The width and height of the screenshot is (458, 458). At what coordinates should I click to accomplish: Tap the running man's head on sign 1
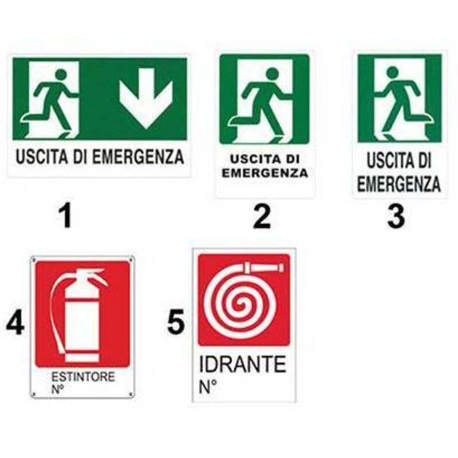coord(61,74)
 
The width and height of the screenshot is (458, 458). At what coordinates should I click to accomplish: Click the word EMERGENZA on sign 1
coord(138,156)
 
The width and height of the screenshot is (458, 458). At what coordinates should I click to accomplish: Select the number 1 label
coord(67,216)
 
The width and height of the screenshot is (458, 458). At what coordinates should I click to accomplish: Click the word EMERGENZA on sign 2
coord(265,173)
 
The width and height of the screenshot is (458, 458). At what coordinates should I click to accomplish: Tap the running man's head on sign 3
coord(392,72)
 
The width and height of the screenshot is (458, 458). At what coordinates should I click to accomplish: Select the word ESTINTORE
coord(83,377)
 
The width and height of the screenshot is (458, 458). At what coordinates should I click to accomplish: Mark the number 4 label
coord(15,323)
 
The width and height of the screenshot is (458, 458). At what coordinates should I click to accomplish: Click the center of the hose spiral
coord(242,306)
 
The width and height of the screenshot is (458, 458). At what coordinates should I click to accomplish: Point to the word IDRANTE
coord(242,364)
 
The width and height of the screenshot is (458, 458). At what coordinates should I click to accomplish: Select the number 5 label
coord(176,322)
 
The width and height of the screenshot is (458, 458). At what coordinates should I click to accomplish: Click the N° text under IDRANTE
coord(208,387)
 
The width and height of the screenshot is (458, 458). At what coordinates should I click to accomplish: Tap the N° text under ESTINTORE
coord(58,389)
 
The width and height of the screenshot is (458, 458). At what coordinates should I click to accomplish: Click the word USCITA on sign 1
coord(42,156)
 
